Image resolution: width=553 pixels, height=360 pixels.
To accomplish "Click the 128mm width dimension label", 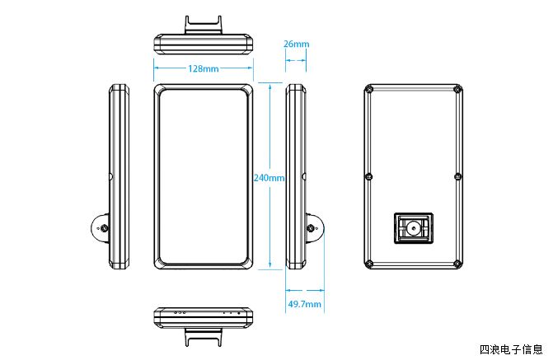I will pyautogui.click(x=204, y=68).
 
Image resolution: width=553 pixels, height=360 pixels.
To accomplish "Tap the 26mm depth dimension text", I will pyautogui.click(x=296, y=44).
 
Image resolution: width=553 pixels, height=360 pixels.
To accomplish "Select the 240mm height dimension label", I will pyautogui.click(x=269, y=177).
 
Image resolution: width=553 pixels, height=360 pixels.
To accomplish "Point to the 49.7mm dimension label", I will pyautogui.click(x=304, y=304).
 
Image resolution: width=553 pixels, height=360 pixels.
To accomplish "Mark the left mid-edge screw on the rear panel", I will pyautogui.click(x=368, y=175).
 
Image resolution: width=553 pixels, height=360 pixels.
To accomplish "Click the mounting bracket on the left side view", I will pyautogui.click(x=101, y=227).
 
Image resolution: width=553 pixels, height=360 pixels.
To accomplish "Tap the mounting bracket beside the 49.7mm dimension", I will pyautogui.click(x=314, y=228).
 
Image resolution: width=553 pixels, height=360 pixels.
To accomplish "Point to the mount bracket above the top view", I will pyautogui.click(x=203, y=25).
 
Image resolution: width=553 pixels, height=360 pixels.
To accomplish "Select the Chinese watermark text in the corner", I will pyautogui.click(x=511, y=349).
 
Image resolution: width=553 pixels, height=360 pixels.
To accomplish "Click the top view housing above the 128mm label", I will pyautogui.click(x=203, y=44).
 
